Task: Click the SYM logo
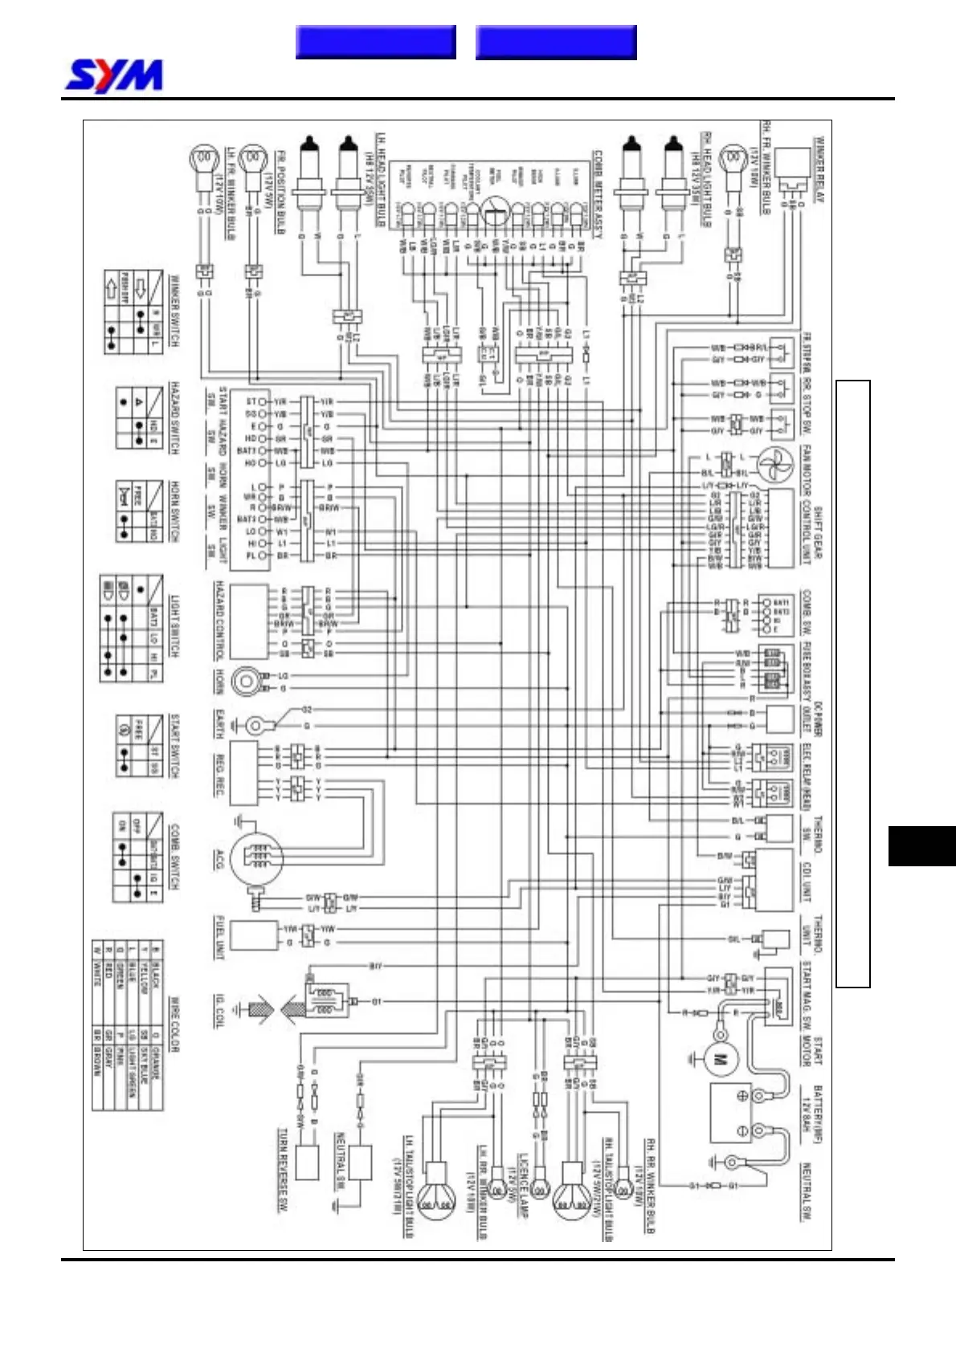[x=113, y=76]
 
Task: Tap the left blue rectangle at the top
[x=375, y=43]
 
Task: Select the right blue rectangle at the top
[x=556, y=43]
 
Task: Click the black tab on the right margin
[x=921, y=845]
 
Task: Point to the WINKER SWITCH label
[x=174, y=312]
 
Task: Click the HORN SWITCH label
[x=174, y=511]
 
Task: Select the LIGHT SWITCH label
[x=174, y=627]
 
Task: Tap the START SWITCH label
[x=174, y=746]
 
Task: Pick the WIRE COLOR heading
[x=174, y=1024]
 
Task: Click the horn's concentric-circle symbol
[x=246, y=682]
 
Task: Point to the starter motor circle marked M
[x=721, y=1059]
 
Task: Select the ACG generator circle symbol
[x=256, y=858]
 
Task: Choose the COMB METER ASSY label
[x=597, y=193]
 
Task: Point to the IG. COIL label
[x=219, y=1011]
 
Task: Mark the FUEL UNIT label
[x=219, y=937]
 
